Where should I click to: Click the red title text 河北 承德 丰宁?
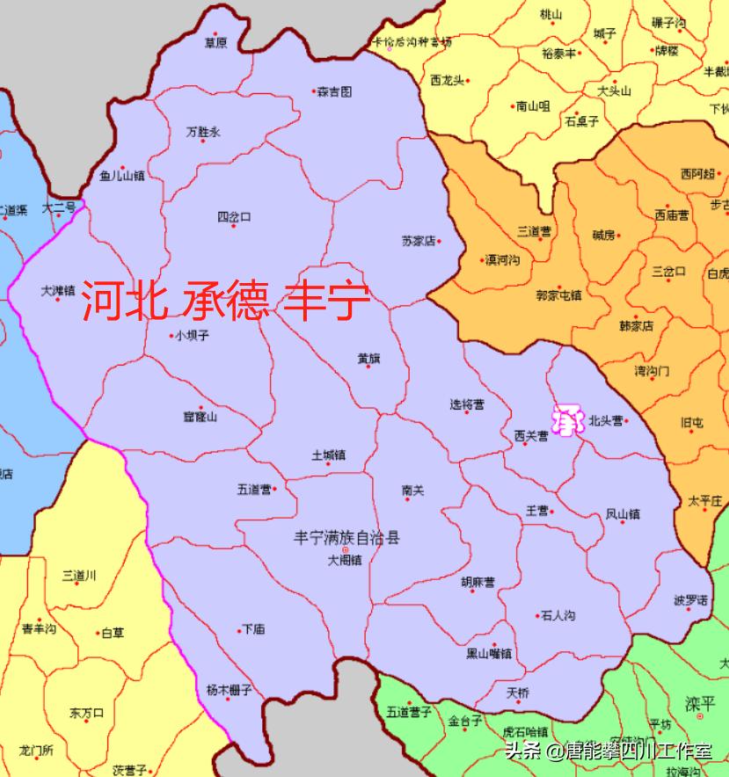[x=226, y=301]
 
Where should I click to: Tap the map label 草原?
[x=215, y=42]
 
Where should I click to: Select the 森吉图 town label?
[x=334, y=91]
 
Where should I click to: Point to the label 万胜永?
[x=203, y=132]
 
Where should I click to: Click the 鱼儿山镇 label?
[x=122, y=176]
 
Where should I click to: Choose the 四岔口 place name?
[x=234, y=216]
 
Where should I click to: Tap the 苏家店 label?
[x=419, y=241]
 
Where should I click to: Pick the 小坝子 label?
[x=192, y=335]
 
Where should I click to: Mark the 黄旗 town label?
[x=368, y=358]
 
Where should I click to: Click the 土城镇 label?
[x=328, y=455]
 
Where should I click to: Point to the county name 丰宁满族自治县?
[x=346, y=536]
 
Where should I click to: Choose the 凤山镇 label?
[x=623, y=513]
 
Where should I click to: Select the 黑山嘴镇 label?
[x=490, y=653]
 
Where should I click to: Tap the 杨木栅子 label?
[x=229, y=690]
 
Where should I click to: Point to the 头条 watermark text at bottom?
[x=521, y=752]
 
